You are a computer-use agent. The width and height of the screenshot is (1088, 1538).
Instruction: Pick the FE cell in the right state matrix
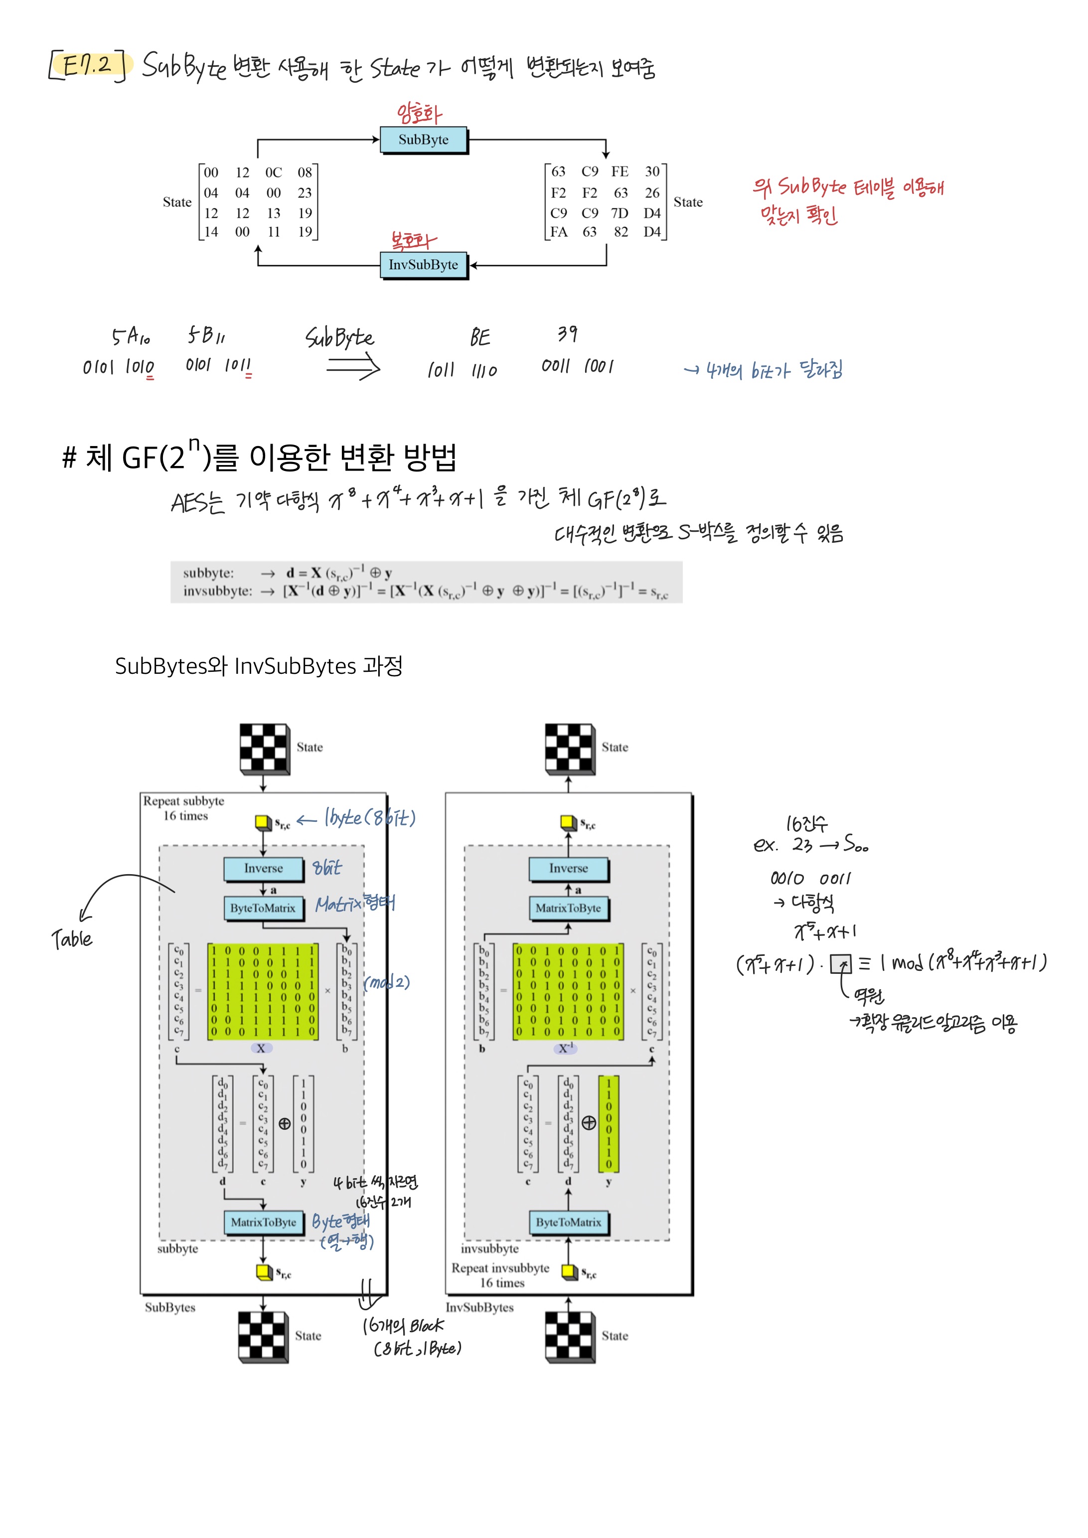point(620,172)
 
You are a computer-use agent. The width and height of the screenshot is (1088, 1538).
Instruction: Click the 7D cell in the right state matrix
point(620,213)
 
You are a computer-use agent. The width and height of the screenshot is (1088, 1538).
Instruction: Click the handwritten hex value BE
point(479,337)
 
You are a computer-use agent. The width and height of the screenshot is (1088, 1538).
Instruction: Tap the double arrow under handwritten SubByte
point(353,367)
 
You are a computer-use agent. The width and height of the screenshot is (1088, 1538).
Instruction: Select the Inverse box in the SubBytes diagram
point(263,868)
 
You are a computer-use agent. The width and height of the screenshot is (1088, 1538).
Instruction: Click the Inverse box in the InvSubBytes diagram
point(568,868)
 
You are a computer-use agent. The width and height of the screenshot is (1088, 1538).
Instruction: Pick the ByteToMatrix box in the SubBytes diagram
point(263,909)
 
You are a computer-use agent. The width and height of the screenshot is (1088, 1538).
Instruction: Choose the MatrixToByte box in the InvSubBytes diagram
point(568,909)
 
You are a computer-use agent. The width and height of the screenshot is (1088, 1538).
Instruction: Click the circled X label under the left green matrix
point(261,1048)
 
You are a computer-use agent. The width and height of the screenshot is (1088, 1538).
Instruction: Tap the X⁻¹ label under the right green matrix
point(566,1048)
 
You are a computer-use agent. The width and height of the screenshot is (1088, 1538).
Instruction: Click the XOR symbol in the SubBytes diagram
point(285,1123)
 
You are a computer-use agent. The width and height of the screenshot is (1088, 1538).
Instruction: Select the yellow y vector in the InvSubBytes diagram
point(609,1123)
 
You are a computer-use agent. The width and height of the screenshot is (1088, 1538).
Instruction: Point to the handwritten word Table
point(72,939)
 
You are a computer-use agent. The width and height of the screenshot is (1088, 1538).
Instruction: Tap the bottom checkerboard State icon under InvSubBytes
point(569,1336)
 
